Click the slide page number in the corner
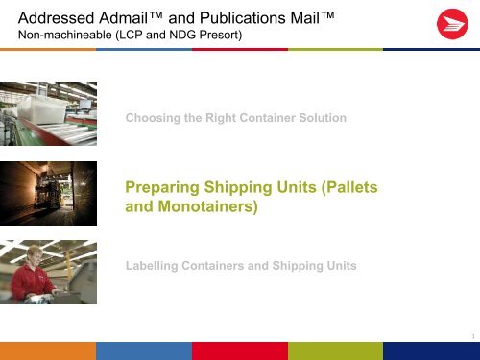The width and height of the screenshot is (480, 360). [x=473, y=334]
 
